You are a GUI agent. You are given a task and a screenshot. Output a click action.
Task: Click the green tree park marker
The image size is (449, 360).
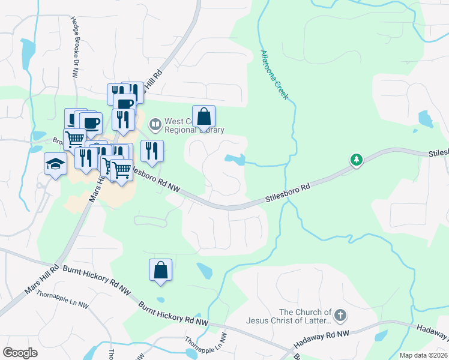point(357,160)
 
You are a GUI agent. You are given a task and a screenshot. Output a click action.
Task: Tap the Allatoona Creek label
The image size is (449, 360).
point(275,75)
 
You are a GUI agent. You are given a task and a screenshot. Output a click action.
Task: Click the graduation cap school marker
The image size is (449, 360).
point(55,164)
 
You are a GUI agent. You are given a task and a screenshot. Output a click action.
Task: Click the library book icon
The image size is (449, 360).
point(155,125)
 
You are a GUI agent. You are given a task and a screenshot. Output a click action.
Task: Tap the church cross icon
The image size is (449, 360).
point(340,316)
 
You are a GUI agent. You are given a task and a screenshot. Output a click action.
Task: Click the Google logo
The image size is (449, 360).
point(20,353)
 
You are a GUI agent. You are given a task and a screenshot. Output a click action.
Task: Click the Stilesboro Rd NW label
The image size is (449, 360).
point(154,179)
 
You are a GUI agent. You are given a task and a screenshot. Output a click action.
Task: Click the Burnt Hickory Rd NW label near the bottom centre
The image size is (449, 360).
point(173,314)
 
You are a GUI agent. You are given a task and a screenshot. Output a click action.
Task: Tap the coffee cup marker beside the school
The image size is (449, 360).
point(90,123)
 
